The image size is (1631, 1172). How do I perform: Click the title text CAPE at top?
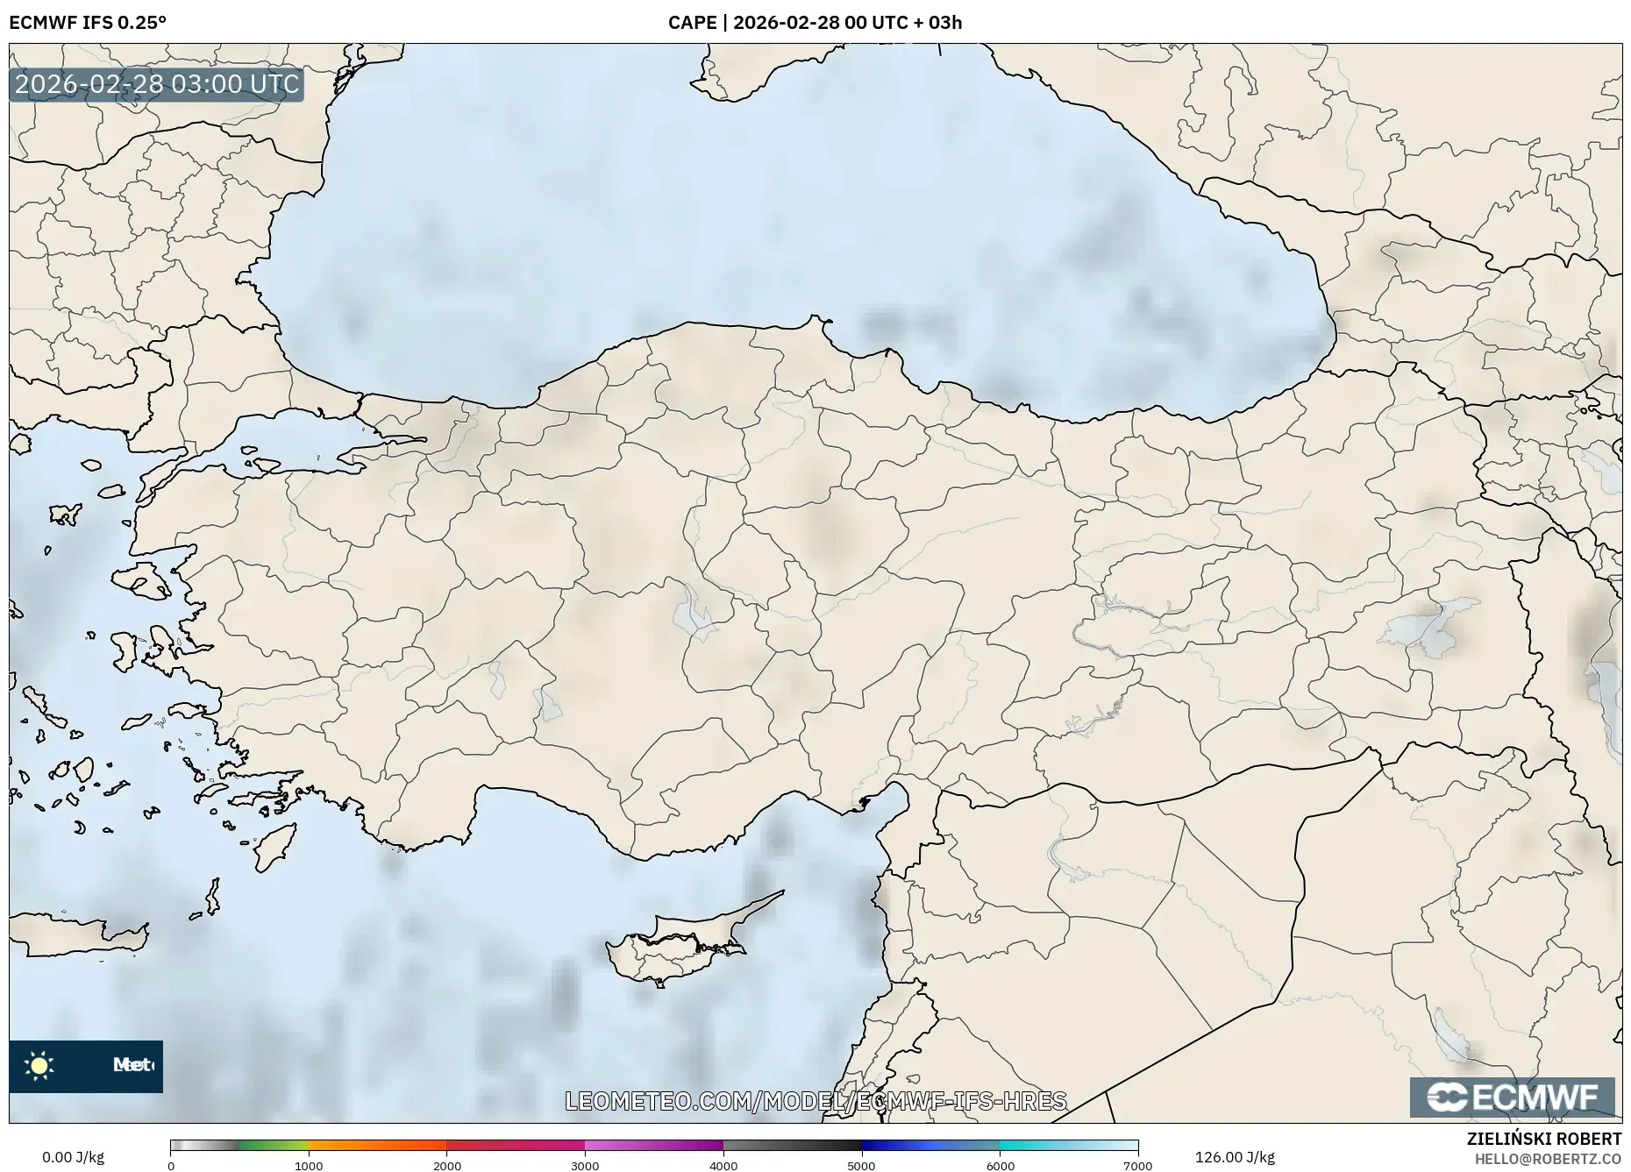tap(692, 22)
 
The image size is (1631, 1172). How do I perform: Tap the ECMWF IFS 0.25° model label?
tap(88, 22)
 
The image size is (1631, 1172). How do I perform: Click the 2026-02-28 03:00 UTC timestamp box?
tap(157, 84)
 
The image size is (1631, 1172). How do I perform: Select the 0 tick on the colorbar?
tap(171, 1165)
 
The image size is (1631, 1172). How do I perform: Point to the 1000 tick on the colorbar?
tap(309, 1165)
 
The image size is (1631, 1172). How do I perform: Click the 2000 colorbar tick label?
tap(447, 1165)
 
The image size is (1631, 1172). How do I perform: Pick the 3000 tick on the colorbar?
tap(585, 1165)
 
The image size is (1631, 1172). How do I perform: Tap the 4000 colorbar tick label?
tap(723, 1165)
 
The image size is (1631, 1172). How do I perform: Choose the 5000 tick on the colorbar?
tap(861, 1165)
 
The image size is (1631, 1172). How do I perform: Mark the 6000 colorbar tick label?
tap(1000, 1165)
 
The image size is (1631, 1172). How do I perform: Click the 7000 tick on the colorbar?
tap(1137, 1165)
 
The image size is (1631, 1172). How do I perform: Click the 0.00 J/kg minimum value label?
tap(73, 1157)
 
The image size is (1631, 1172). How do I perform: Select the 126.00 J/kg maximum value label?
tap(1235, 1157)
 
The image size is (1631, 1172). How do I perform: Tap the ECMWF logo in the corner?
tap(1512, 1097)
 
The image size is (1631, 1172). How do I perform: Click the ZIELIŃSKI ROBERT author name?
tap(1544, 1139)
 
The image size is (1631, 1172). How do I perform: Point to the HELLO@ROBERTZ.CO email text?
tap(1548, 1159)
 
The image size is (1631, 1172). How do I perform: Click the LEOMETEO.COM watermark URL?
tap(815, 1101)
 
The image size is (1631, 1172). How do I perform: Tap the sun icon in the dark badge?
tap(39, 1066)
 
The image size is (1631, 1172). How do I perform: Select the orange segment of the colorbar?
tap(377, 1145)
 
